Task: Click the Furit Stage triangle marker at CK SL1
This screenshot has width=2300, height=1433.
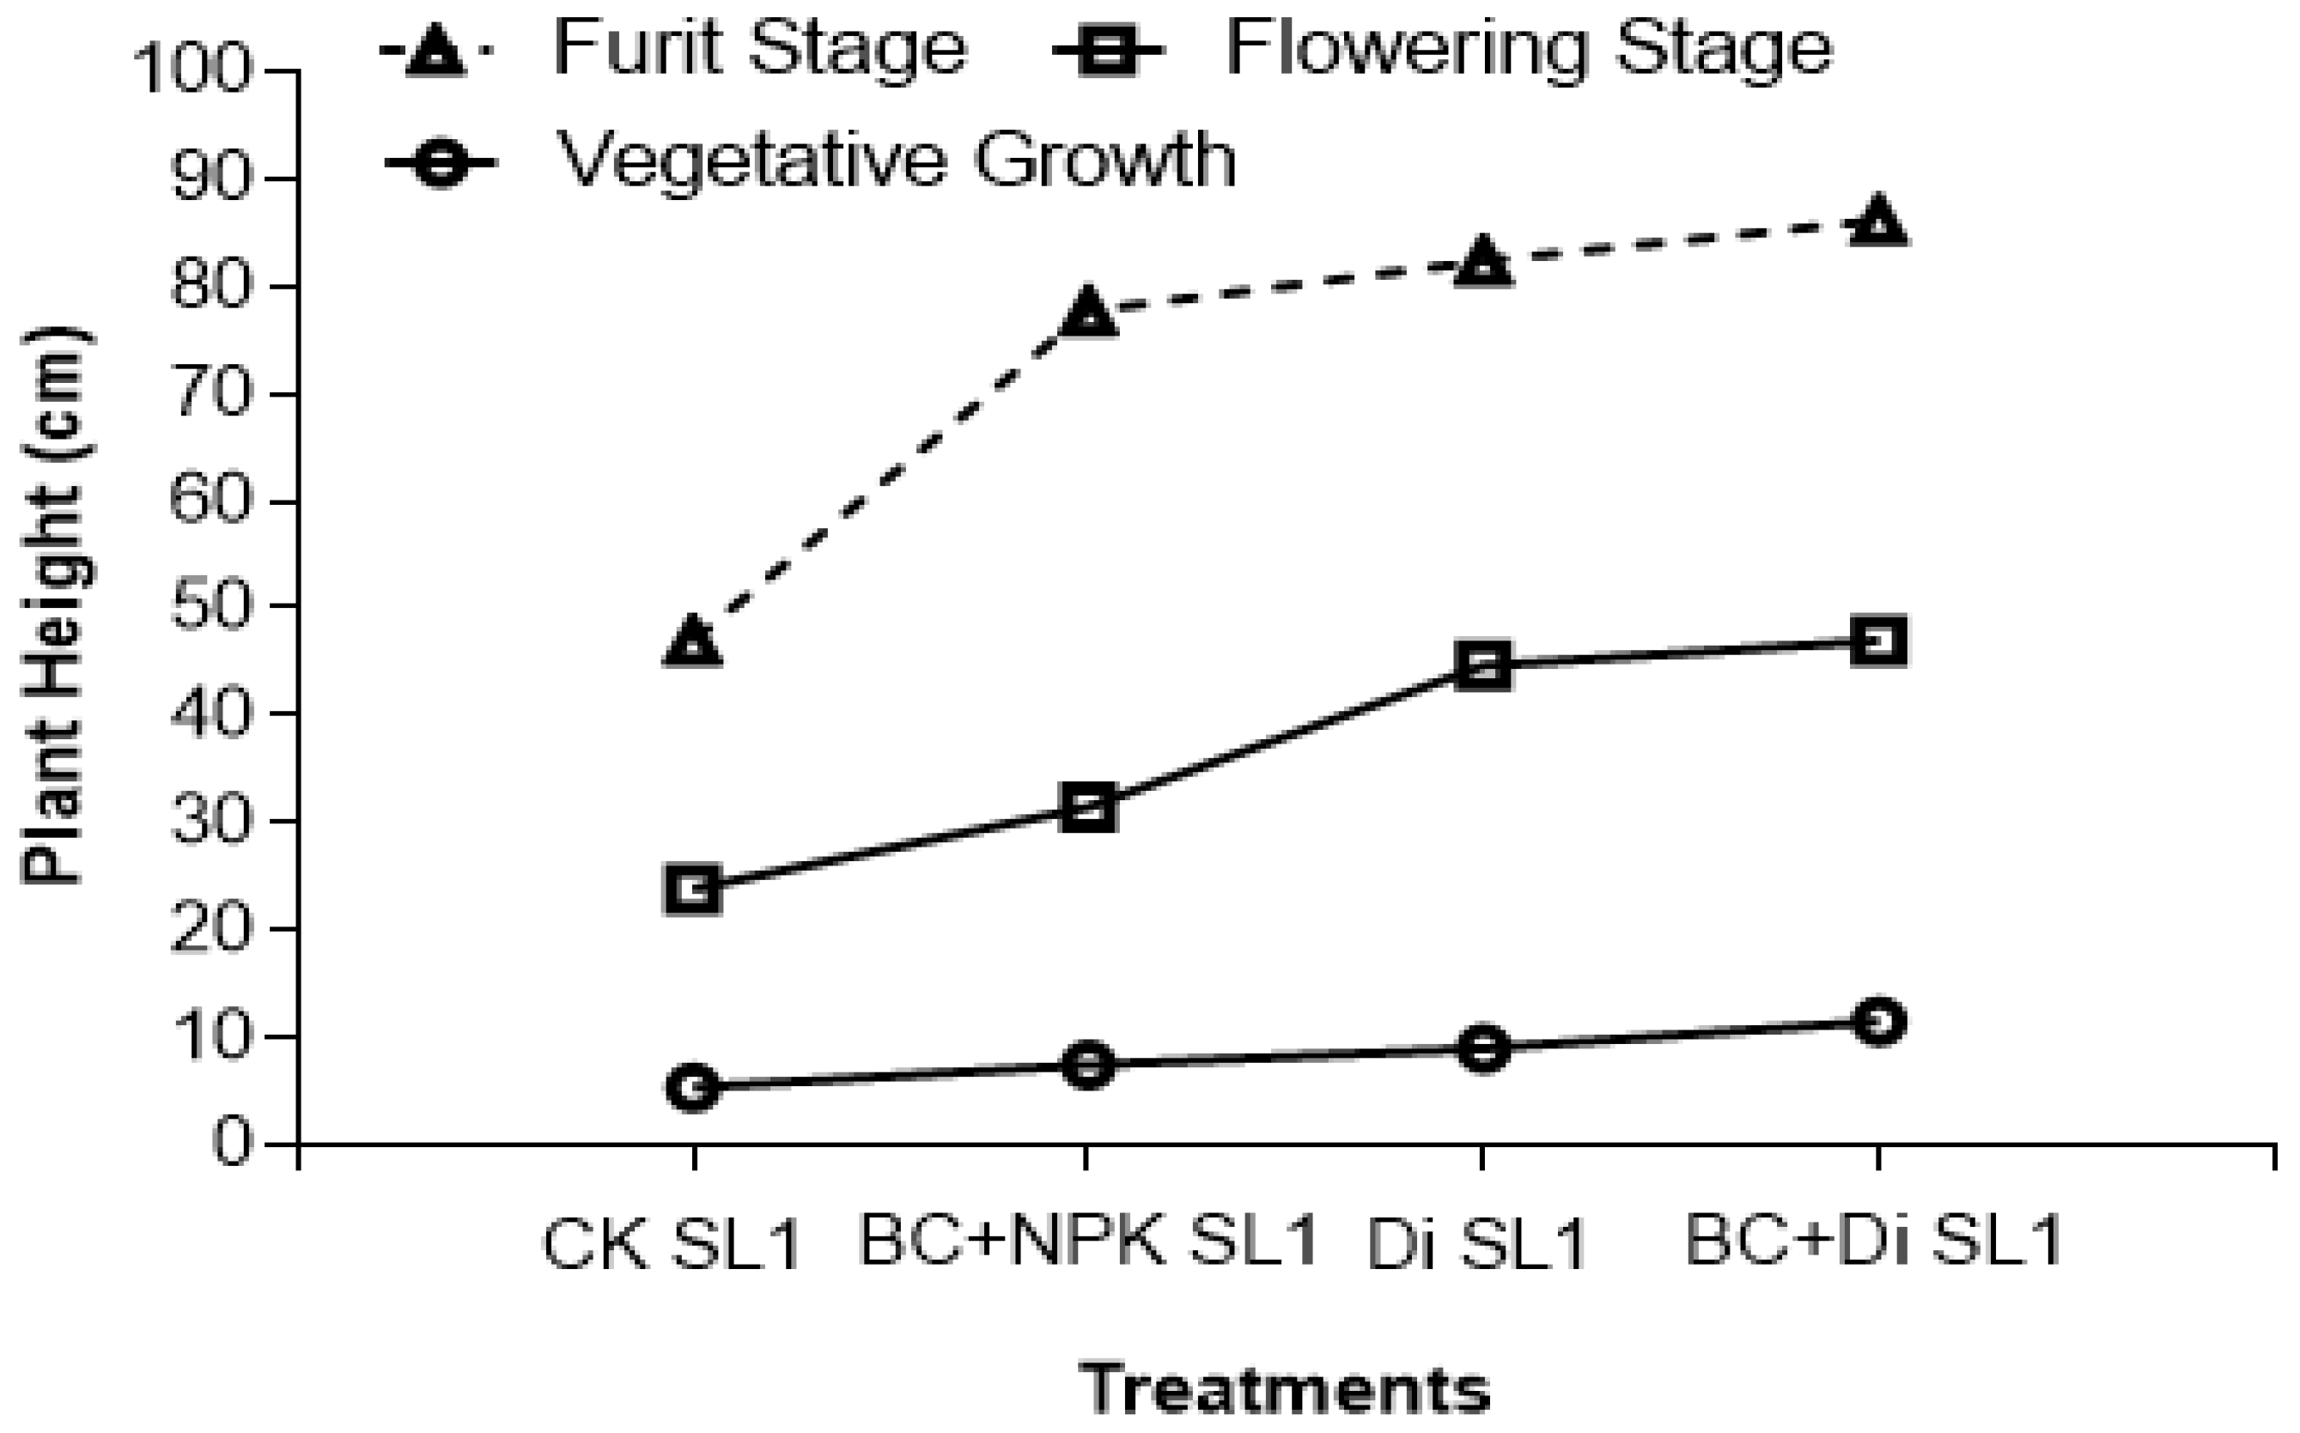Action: (x=693, y=641)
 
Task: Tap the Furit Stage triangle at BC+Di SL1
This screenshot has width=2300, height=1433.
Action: (x=1879, y=222)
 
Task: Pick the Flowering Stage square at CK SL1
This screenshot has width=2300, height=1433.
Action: (x=693, y=888)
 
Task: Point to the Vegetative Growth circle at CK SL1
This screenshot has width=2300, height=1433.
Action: (x=693, y=1086)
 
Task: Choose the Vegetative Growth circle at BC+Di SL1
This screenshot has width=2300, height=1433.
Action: (x=1879, y=1022)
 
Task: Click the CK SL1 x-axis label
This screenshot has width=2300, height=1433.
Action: (x=672, y=1243)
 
